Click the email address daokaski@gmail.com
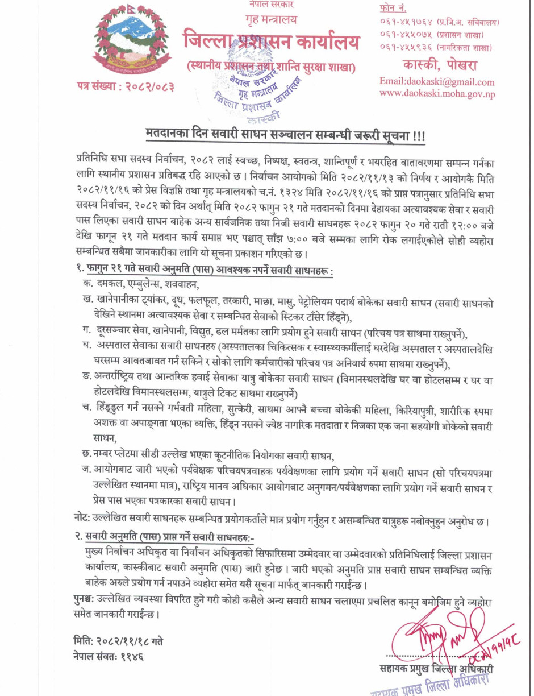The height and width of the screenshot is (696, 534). click(x=437, y=82)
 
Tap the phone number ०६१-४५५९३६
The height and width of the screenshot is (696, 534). click(x=405, y=47)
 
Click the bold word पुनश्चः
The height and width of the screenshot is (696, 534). click(x=87, y=600)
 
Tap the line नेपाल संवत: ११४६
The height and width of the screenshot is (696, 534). click(x=109, y=656)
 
